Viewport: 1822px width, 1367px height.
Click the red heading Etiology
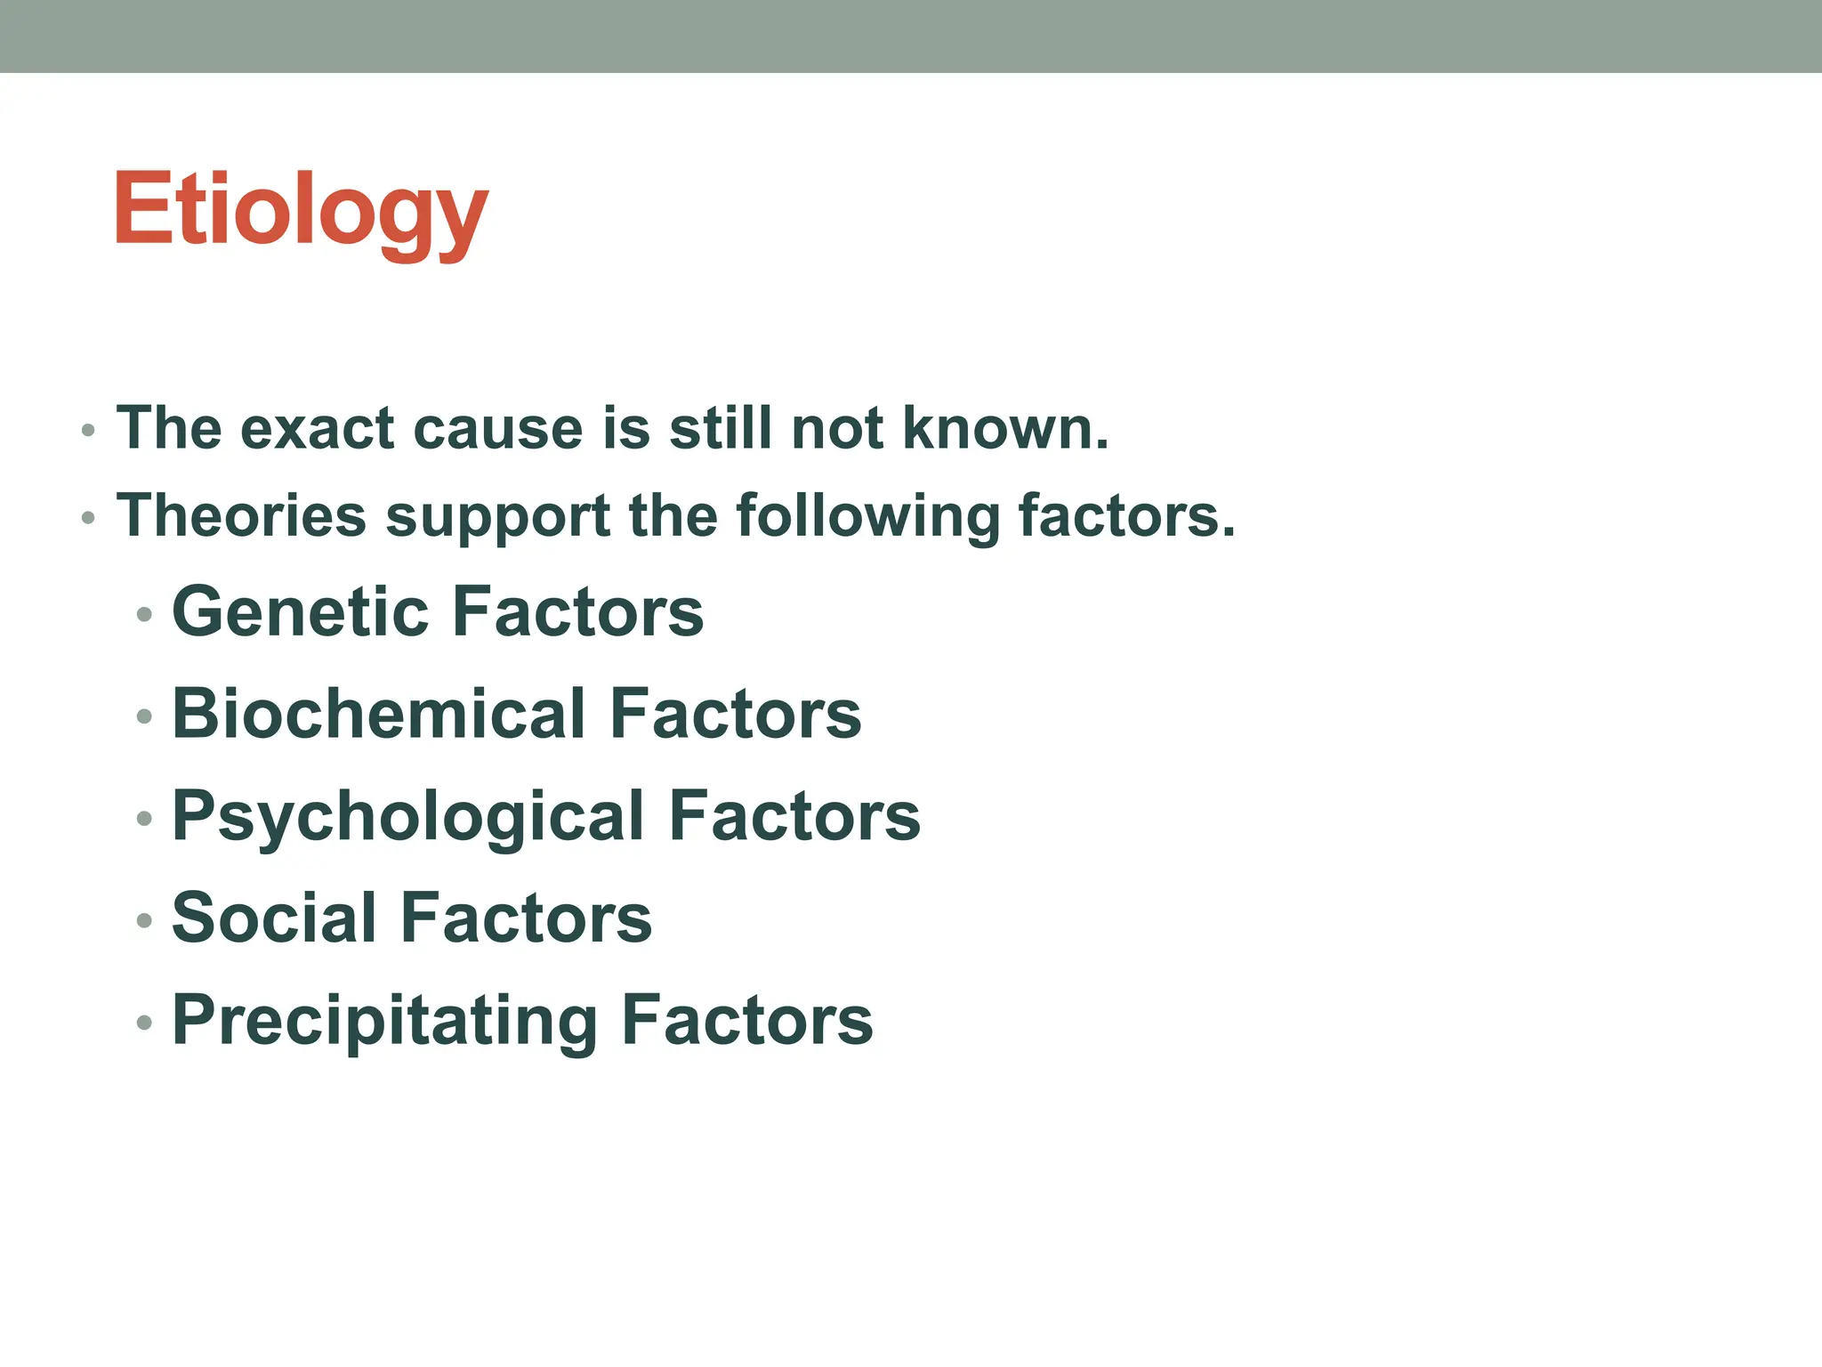[x=301, y=210]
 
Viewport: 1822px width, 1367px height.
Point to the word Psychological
[x=408, y=816]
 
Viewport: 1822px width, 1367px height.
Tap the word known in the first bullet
[x=1004, y=428]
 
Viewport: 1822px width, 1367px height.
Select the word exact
[x=318, y=429]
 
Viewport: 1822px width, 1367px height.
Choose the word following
[x=867, y=516]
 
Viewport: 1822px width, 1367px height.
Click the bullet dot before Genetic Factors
[x=145, y=614]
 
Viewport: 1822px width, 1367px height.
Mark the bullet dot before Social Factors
[x=145, y=920]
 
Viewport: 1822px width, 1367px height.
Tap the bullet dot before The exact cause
[x=87, y=431]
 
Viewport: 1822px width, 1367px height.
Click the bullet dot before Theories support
[x=87, y=518]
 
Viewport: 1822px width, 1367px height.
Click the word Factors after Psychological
[x=794, y=816]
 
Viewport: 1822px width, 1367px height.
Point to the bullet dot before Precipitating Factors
[x=145, y=1023]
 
